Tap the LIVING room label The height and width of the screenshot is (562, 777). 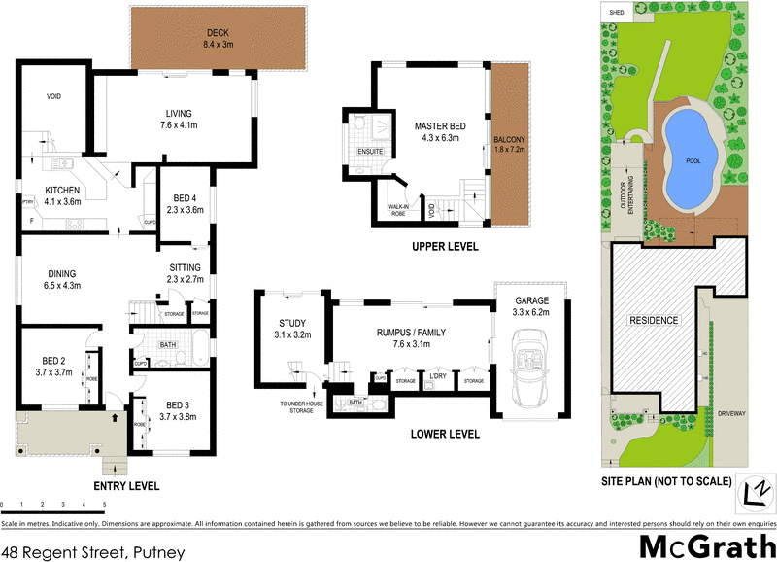178,113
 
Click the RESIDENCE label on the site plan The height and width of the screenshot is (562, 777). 653,320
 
